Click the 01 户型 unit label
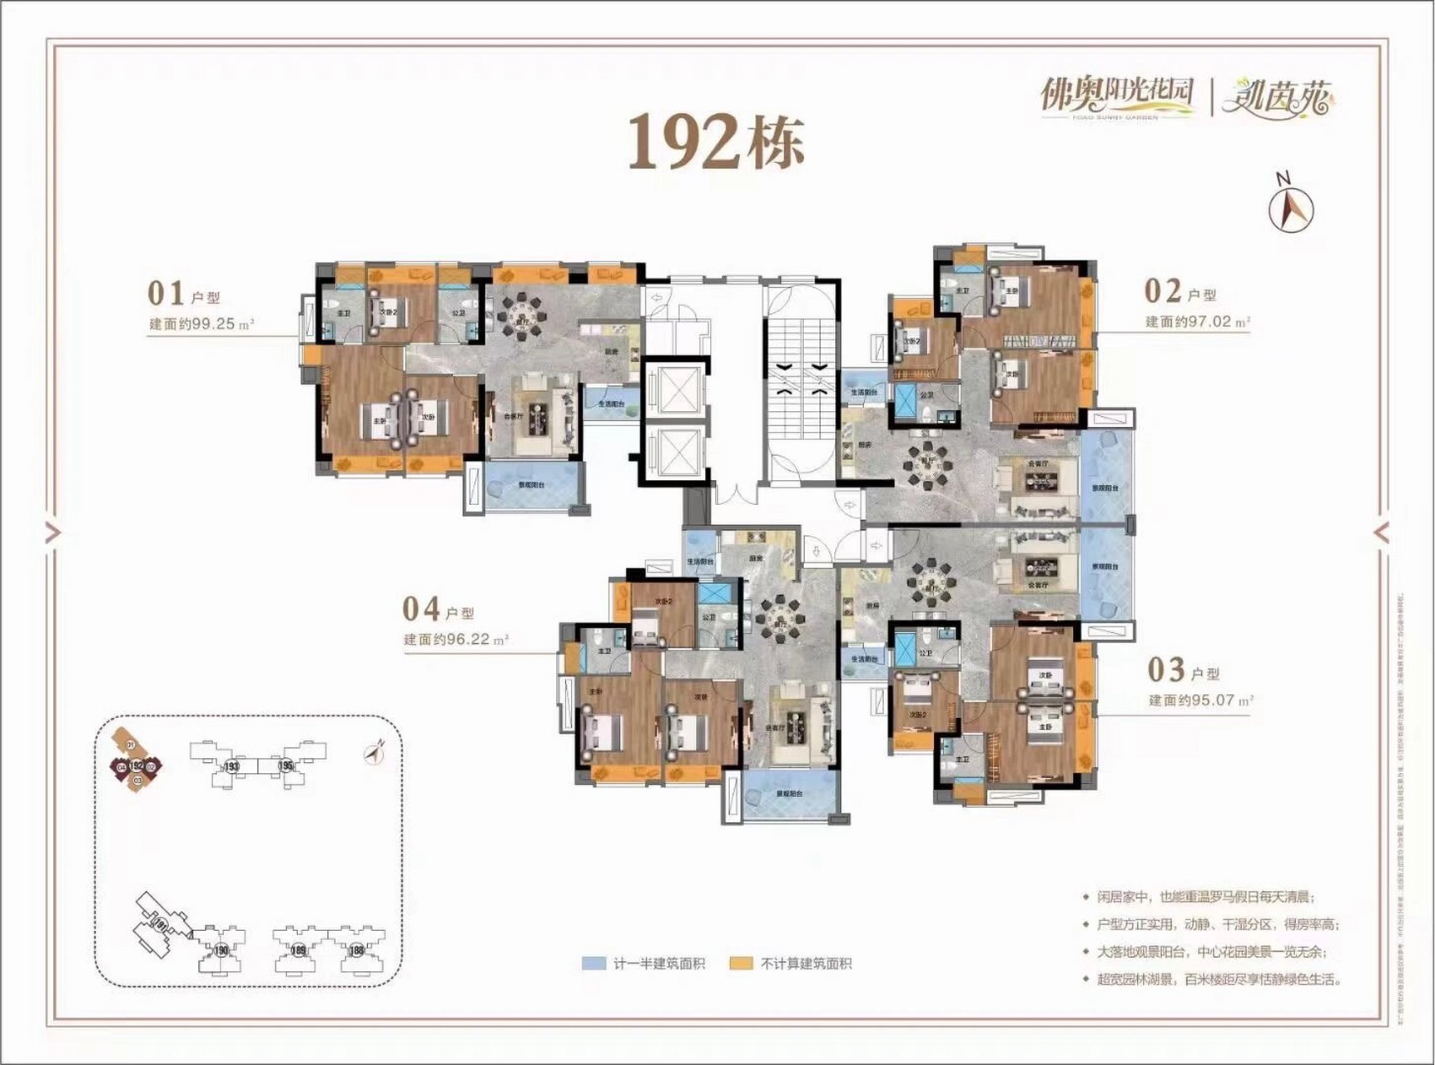coord(184,295)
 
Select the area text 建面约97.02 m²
coord(1198,321)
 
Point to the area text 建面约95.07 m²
coord(1201,700)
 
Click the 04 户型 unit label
coord(438,610)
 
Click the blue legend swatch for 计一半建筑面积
coord(593,963)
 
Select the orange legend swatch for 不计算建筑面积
coord(741,963)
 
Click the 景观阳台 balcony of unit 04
coord(787,794)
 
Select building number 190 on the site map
coord(221,950)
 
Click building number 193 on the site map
coord(232,765)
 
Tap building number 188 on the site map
coord(356,949)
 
